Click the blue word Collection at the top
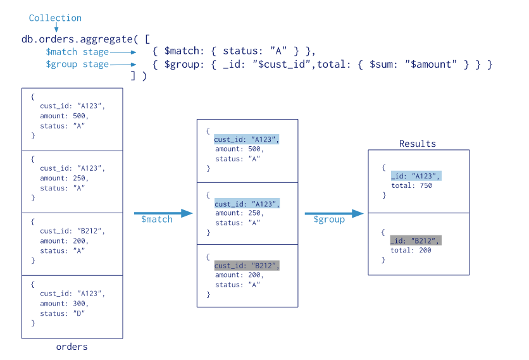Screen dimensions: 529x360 [x=55, y=18]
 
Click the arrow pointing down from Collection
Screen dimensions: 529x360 [x=56, y=27]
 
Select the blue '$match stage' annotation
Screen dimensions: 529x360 [x=77, y=52]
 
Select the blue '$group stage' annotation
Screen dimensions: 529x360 [x=77, y=65]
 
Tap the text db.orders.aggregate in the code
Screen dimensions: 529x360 [x=77, y=39]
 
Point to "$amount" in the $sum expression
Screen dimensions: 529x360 [x=431, y=64]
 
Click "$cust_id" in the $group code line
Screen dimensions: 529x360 [x=282, y=64]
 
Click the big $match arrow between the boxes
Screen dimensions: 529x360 [x=163, y=213]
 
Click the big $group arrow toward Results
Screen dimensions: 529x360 [x=334, y=213]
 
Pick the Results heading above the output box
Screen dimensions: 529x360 [x=418, y=144]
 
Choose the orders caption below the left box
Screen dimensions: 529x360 [x=72, y=347]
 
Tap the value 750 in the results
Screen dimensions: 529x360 [x=426, y=185]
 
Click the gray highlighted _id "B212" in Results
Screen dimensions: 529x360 [x=416, y=240]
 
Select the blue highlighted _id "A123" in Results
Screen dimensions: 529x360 [x=416, y=176]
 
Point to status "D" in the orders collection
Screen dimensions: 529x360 [x=63, y=313]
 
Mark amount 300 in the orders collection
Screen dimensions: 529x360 [x=64, y=304]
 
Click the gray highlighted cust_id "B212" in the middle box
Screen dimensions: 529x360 [x=247, y=266]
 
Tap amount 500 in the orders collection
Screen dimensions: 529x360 [x=64, y=116]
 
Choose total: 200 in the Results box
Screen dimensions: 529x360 [x=411, y=251]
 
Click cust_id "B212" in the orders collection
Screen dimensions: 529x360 [x=72, y=231]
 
